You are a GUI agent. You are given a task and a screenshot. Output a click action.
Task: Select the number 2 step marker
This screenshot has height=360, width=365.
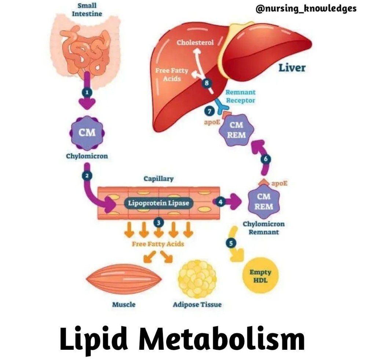87,175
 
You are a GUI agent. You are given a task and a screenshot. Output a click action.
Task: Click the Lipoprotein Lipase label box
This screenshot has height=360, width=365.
158,203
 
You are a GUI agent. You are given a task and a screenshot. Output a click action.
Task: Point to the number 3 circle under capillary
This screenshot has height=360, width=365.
158,222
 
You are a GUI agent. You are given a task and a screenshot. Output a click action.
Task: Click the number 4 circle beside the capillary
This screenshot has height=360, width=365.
220,202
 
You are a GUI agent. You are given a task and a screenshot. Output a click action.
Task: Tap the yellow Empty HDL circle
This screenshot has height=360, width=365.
260,276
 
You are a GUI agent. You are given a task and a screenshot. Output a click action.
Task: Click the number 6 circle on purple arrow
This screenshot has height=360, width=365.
266,159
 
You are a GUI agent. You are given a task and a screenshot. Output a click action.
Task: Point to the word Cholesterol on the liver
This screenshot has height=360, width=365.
195,43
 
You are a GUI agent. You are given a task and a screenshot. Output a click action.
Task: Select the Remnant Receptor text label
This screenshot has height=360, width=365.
240,97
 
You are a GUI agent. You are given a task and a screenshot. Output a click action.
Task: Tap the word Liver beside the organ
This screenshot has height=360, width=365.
292,68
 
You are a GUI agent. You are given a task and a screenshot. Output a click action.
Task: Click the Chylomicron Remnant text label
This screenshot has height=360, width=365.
264,228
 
